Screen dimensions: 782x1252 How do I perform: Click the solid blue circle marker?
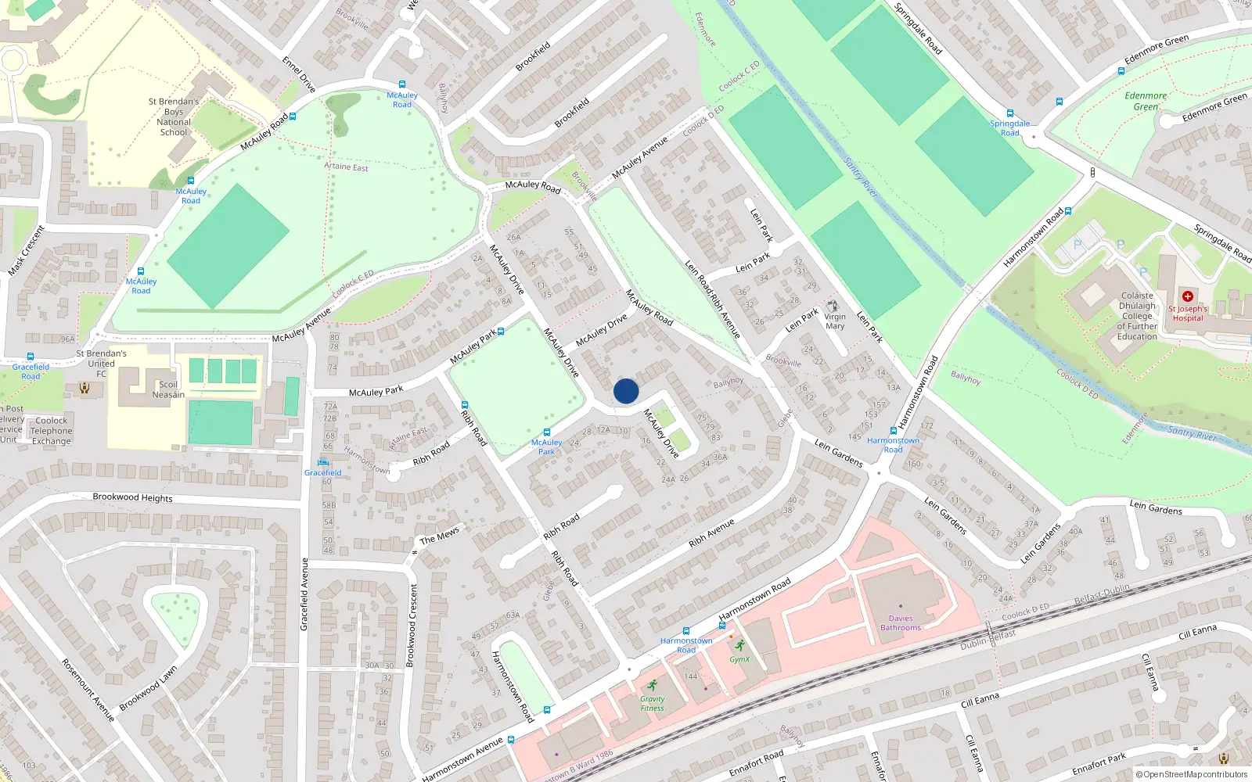(626, 391)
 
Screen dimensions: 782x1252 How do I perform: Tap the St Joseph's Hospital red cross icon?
(1188, 296)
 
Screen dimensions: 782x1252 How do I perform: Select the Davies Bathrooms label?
(901, 623)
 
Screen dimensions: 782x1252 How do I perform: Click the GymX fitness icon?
(739, 646)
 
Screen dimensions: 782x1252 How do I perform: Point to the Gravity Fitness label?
(652, 704)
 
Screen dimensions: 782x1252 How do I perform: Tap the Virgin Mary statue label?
(835, 321)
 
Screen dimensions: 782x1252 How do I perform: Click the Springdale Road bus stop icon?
(1009, 113)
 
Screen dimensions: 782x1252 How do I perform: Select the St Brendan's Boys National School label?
(174, 117)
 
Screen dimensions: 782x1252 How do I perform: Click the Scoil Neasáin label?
(168, 389)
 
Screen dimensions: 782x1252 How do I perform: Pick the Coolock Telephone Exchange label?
(52, 431)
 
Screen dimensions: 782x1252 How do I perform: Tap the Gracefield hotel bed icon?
(322, 462)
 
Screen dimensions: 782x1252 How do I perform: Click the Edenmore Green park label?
(1146, 101)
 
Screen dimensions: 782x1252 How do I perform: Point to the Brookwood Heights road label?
(132, 497)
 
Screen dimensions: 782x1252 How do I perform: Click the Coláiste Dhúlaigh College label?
(1137, 316)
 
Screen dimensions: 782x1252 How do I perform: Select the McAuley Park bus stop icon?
(546, 432)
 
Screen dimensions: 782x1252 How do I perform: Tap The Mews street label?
(439, 536)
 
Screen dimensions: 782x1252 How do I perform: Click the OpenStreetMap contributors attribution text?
(1191, 774)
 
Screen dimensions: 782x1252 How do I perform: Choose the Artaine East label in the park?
(346, 167)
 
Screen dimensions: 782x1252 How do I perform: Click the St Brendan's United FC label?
(101, 364)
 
